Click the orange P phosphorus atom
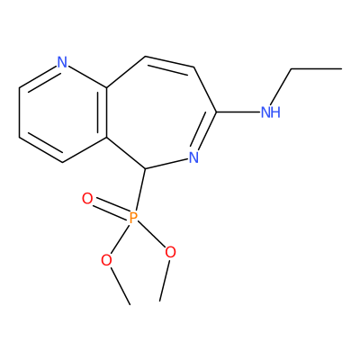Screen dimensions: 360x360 133,218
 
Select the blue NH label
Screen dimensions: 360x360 271,112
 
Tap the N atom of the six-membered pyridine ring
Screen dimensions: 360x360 62,62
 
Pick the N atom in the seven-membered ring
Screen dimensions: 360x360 193,157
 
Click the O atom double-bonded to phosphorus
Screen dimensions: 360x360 87,199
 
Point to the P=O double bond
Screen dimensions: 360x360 110,209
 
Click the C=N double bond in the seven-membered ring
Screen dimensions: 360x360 206,131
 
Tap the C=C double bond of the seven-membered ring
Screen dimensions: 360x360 170,62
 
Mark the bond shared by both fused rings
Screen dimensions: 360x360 107,112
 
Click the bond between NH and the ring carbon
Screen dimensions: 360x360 238,112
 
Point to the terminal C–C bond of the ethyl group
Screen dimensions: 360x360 317,69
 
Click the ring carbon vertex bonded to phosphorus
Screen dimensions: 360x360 145,168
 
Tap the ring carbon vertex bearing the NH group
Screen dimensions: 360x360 217,112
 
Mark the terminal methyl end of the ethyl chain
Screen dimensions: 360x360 341,69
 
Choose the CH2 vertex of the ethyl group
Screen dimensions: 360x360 291,69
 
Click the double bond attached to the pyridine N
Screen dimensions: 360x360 38,76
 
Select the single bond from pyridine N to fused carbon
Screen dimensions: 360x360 87,76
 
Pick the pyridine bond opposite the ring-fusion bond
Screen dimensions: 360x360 19,112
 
